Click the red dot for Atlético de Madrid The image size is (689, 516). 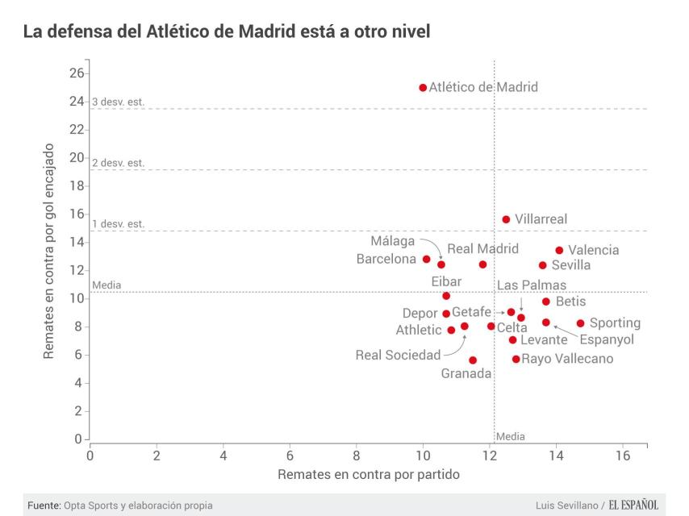(x=423, y=87)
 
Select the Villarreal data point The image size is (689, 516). (x=506, y=219)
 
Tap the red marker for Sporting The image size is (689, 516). (x=580, y=323)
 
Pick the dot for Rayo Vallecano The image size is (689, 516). (x=516, y=359)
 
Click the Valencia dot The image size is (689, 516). (x=559, y=251)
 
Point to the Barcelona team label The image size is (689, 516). (x=386, y=259)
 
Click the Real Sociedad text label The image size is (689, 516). (x=399, y=355)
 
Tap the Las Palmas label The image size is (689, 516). (x=532, y=285)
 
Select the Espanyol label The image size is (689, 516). (x=607, y=339)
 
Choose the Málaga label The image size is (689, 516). (x=393, y=241)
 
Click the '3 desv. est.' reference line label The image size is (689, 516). (x=118, y=102)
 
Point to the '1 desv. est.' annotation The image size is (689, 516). (x=118, y=224)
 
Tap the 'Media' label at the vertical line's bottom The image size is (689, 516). (x=510, y=436)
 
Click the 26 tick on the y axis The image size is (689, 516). (x=77, y=73)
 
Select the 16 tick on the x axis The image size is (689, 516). (x=623, y=455)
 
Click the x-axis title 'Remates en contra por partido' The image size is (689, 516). (x=369, y=475)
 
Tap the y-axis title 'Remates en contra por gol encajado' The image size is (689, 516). (x=49, y=252)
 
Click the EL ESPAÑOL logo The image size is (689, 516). (x=634, y=505)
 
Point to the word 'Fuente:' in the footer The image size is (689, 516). (x=44, y=506)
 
